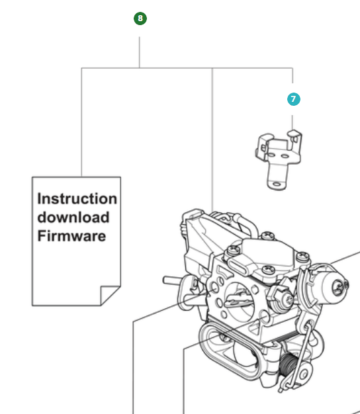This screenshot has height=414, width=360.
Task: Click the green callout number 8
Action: click(x=140, y=19)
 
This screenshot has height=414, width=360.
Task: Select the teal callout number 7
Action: click(x=293, y=99)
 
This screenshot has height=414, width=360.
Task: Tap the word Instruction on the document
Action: click(x=77, y=198)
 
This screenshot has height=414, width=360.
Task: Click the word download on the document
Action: click(x=73, y=217)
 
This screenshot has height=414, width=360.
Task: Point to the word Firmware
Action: click(x=71, y=235)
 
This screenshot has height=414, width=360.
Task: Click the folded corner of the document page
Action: click(x=109, y=295)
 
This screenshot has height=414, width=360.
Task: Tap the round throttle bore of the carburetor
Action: click(x=237, y=301)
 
